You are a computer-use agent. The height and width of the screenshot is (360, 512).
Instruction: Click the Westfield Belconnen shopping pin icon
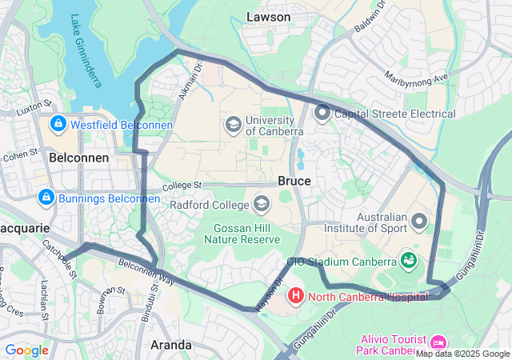(58, 125)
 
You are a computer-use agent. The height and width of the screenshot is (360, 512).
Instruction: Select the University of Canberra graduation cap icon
(233, 124)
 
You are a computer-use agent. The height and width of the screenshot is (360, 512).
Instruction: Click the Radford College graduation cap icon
(261, 205)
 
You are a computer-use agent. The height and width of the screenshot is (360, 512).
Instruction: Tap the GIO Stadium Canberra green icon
(409, 261)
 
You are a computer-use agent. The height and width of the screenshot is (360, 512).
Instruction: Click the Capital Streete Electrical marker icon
(322, 113)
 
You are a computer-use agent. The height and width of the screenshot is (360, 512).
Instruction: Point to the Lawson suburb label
(269, 16)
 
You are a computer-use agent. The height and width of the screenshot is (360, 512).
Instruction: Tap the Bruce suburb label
(294, 181)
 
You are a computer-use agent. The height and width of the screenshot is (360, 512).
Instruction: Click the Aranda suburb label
(171, 345)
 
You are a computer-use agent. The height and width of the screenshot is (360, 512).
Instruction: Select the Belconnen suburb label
(78, 158)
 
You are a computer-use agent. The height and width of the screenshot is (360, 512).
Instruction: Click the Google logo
(27, 350)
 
